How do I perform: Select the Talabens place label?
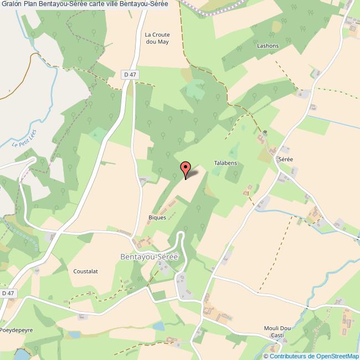pyautogui.click(x=225, y=163)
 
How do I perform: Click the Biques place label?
pyautogui.click(x=157, y=218)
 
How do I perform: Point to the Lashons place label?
pyautogui.click(x=267, y=47)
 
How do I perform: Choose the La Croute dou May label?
pyautogui.click(x=157, y=38)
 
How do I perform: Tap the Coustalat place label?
pyautogui.click(x=85, y=271)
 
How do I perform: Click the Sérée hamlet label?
pyautogui.click(x=286, y=159)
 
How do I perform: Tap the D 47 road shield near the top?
pyautogui.click(x=130, y=74)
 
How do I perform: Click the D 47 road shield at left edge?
pyautogui.click(x=7, y=293)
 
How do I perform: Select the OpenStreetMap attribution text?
pyautogui.click(x=312, y=356)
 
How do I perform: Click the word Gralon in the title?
pyautogui.click(x=11, y=5)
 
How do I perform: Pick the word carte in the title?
pyautogui.click(x=101, y=5)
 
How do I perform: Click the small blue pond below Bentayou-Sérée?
pyautogui.click(x=158, y=326)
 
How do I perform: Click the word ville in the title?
pyautogui.click(x=120, y=5)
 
